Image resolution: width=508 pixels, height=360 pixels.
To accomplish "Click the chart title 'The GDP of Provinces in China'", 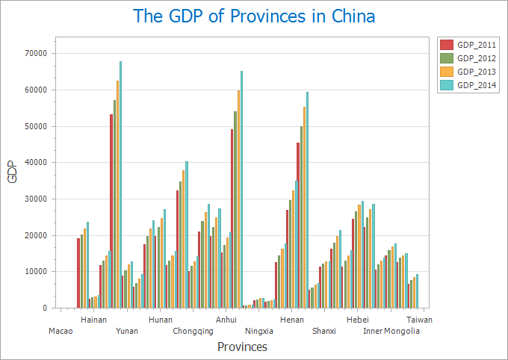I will pyautogui.click(x=254, y=16).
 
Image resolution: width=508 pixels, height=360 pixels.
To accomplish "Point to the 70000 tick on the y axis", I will pyautogui.click(x=36, y=54).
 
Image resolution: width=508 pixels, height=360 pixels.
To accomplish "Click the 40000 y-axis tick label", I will pyautogui.click(x=36, y=163).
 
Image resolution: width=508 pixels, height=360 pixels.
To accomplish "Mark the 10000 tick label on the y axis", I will pyautogui.click(x=36, y=272).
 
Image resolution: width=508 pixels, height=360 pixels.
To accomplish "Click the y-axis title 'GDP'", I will pyautogui.click(x=12, y=173).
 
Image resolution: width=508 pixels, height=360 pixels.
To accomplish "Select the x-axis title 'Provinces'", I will pyautogui.click(x=242, y=347).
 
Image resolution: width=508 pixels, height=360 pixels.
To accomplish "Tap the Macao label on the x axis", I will pyautogui.click(x=61, y=331).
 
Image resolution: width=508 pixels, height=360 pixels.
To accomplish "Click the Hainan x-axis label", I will pyautogui.click(x=93, y=320).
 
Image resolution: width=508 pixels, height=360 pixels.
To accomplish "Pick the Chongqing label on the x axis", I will pyautogui.click(x=193, y=331).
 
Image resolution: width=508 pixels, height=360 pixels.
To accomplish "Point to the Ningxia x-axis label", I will pyautogui.click(x=259, y=331).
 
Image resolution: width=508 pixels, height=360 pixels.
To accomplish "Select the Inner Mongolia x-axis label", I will pyautogui.click(x=391, y=331).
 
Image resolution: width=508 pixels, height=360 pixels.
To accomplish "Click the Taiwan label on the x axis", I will pyautogui.click(x=420, y=320).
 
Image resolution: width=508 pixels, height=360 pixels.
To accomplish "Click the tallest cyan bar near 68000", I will pyautogui.click(x=120, y=179).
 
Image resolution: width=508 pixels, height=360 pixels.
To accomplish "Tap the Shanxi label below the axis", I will pyautogui.click(x=324, y=331).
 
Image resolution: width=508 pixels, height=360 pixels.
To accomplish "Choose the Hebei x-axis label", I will pyautogui.click(x=358, y=320).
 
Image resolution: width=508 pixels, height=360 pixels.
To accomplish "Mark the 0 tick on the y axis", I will pyautogui.click(x=44, y=308).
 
